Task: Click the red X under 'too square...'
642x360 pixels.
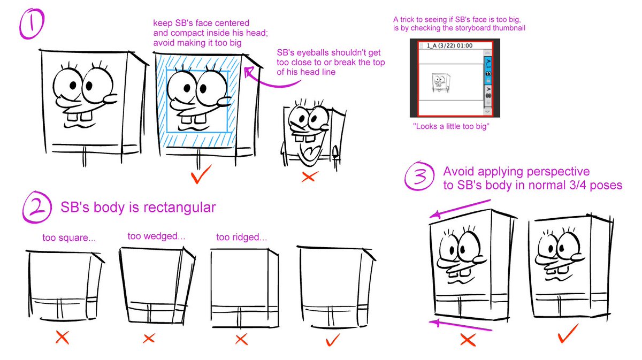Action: pos(62,338)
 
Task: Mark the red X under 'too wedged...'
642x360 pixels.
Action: pos(149,338)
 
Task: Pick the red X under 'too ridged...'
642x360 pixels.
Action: pos(241,338)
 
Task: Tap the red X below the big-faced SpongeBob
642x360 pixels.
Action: pos(308,176)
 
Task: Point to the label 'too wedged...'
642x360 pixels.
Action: pos(149,236)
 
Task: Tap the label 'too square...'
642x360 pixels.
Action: pos(69,238)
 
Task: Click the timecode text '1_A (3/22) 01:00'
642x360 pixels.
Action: pos(446,46)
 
